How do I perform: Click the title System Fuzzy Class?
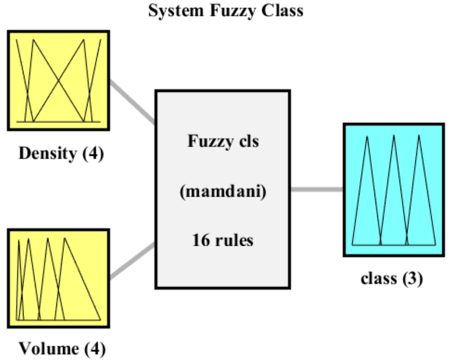(x=225, y=10)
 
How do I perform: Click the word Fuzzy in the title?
(x=233, y=10)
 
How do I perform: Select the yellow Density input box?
(x=59, y=81)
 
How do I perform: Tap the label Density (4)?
(x=61, y=153)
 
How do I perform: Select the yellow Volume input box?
(x=59, y=278)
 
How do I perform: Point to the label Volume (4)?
(x=62, y=348)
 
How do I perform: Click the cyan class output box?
(x=393, y=190)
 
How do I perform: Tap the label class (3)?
(x=391, y=278)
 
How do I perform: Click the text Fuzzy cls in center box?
(x=223, y=141)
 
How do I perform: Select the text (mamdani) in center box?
(x=223, y=191)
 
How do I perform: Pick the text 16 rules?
(x=223, y=240)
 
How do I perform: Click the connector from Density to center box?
(x=133, y=102)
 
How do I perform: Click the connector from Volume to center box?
(x=133, y=261)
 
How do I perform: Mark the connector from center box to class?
(x=316, y=190)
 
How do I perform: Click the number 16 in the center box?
(x=201, y=240)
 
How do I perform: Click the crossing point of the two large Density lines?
(x=59, y=81)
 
